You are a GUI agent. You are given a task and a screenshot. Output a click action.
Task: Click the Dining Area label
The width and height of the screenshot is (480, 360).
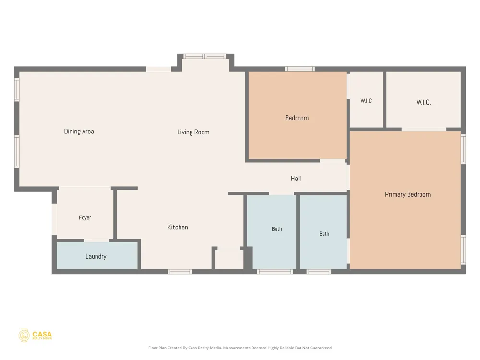(79, 132)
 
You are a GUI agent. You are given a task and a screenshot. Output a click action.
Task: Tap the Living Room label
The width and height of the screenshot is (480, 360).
(193, 132)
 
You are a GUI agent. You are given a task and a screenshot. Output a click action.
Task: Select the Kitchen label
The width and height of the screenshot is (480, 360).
(178, 227)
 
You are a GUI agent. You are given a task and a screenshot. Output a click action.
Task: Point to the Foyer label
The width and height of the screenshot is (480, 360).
(85, 217)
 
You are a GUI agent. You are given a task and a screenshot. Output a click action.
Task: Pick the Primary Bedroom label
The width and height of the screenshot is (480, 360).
(408, 194)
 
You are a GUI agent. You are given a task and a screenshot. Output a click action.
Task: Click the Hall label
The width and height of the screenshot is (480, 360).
(296, 179)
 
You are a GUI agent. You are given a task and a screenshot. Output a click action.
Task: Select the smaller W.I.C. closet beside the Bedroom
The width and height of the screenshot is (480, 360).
(366, 99)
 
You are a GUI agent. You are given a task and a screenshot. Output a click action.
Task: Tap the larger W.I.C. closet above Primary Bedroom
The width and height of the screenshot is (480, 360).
(424, 99)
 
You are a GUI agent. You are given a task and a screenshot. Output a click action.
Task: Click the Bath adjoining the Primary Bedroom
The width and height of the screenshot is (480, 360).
(323, 232)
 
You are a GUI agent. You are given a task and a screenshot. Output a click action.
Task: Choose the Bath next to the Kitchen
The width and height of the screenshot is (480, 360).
(272, 232)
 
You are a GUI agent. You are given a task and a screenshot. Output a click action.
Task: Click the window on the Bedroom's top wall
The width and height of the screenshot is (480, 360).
(300, 69)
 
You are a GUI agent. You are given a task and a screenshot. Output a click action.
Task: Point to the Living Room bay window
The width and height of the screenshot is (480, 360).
(204, 56)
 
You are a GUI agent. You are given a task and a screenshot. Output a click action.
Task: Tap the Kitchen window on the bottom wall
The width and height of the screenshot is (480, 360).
(180, 272)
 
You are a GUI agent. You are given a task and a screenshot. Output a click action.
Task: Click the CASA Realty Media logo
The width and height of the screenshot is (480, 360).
(35, 336)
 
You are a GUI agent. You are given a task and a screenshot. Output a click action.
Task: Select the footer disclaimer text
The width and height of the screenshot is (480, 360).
(240, 348)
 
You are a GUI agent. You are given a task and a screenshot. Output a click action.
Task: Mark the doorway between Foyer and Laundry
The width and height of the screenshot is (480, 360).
(97, 240)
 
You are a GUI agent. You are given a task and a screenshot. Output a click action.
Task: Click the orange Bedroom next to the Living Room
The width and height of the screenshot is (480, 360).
(297, 115)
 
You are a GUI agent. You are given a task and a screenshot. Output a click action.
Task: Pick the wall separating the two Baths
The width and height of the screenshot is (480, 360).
(298, 232)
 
